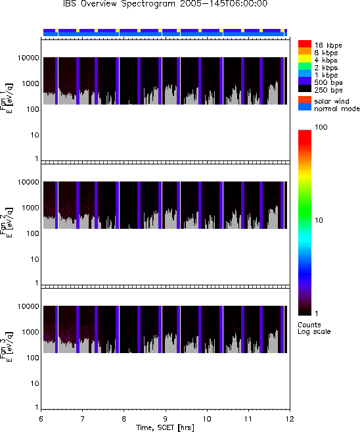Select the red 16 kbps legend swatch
click(x=305, y=44)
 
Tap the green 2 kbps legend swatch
click(x=305, y=66)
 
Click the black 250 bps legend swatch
click(x=305, y=89)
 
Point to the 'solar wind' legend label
click(x=331, y=101)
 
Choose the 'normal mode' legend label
click(x=337, y=108)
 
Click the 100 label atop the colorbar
click(x=321, y=127)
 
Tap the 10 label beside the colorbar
click(x=319, y=220)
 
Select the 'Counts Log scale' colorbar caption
click(x=314, y=328)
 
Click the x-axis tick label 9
click(x=166, y=419)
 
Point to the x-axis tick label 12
click(x=290, y=419)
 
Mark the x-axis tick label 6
click(x=41, y=419)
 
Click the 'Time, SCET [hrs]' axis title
click(x=165, y=427)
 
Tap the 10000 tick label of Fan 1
click(x=28, y=58)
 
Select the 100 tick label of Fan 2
click(x=33, y=233)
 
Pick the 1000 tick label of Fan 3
click(x=31, y=332)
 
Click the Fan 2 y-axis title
click(x=7, y=223)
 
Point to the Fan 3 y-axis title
click(x=7, y=347)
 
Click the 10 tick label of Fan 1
click(x=35, y=135)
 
